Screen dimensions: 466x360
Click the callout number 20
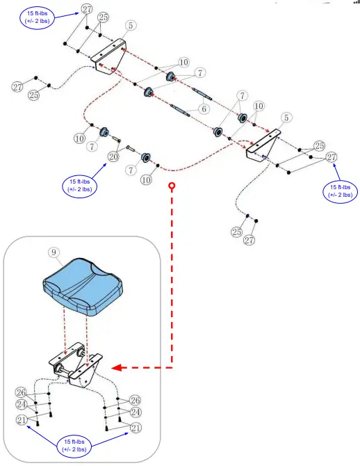[113, 157]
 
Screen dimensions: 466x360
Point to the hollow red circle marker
[172, 187]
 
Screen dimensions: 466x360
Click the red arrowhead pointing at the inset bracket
[119, 367]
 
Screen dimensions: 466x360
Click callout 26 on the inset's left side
[22, 392]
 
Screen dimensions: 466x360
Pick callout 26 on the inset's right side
[135, 400]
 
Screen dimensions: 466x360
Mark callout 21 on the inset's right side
[135, 426]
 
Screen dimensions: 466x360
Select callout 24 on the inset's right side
[135, 412]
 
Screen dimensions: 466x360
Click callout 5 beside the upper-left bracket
[130, 26]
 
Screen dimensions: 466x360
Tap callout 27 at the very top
[86, 8]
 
